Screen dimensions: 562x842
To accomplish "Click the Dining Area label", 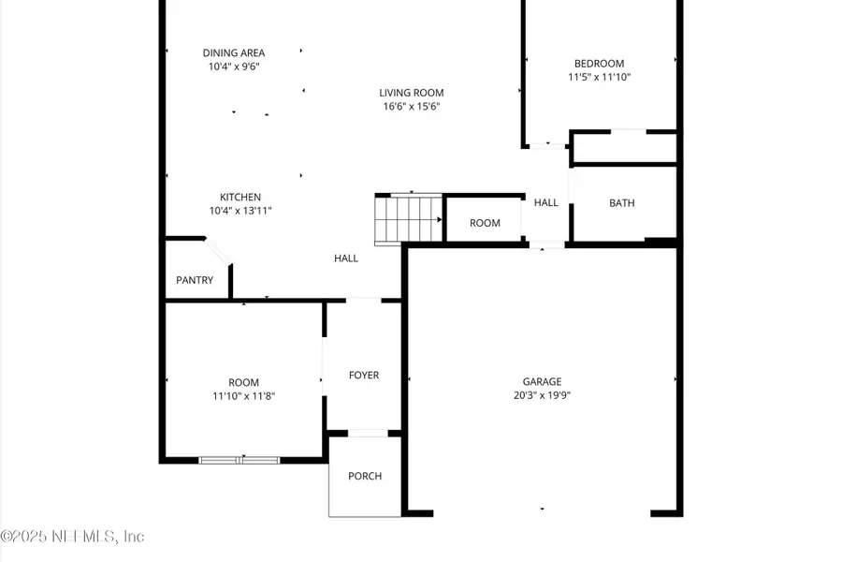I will [x=234, y=52].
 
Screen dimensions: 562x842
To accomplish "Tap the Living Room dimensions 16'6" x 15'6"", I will [x=411, y=107].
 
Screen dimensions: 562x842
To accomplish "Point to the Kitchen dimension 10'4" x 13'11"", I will [x=240, y=211].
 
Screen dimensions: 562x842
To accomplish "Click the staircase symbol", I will [x=408, y=218].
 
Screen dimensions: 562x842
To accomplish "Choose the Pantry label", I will [x=195, y=280].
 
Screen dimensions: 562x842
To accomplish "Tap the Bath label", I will [x=622, y=202].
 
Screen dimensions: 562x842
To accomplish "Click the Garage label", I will [x=542, y=381].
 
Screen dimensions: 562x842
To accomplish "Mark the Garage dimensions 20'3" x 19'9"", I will [x=542, y=395].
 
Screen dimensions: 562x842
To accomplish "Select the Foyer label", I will [x=364, y=375].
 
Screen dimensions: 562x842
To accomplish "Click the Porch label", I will [x=365, y=476].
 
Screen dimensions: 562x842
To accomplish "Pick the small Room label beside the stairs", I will [x=485, y=223].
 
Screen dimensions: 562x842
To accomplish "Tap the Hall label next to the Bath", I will [x=546, y=202].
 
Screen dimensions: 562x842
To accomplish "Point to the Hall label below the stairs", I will [x=346, y=259].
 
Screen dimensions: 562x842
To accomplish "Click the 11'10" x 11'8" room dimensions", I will [x=243, y=396].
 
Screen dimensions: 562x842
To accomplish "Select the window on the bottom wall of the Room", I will [x=240, y=459].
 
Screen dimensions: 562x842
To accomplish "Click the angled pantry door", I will [x=219, y=254].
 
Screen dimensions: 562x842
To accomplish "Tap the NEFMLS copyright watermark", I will [x=72, y=537].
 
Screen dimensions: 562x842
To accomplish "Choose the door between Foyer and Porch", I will [x=366, y=433].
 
